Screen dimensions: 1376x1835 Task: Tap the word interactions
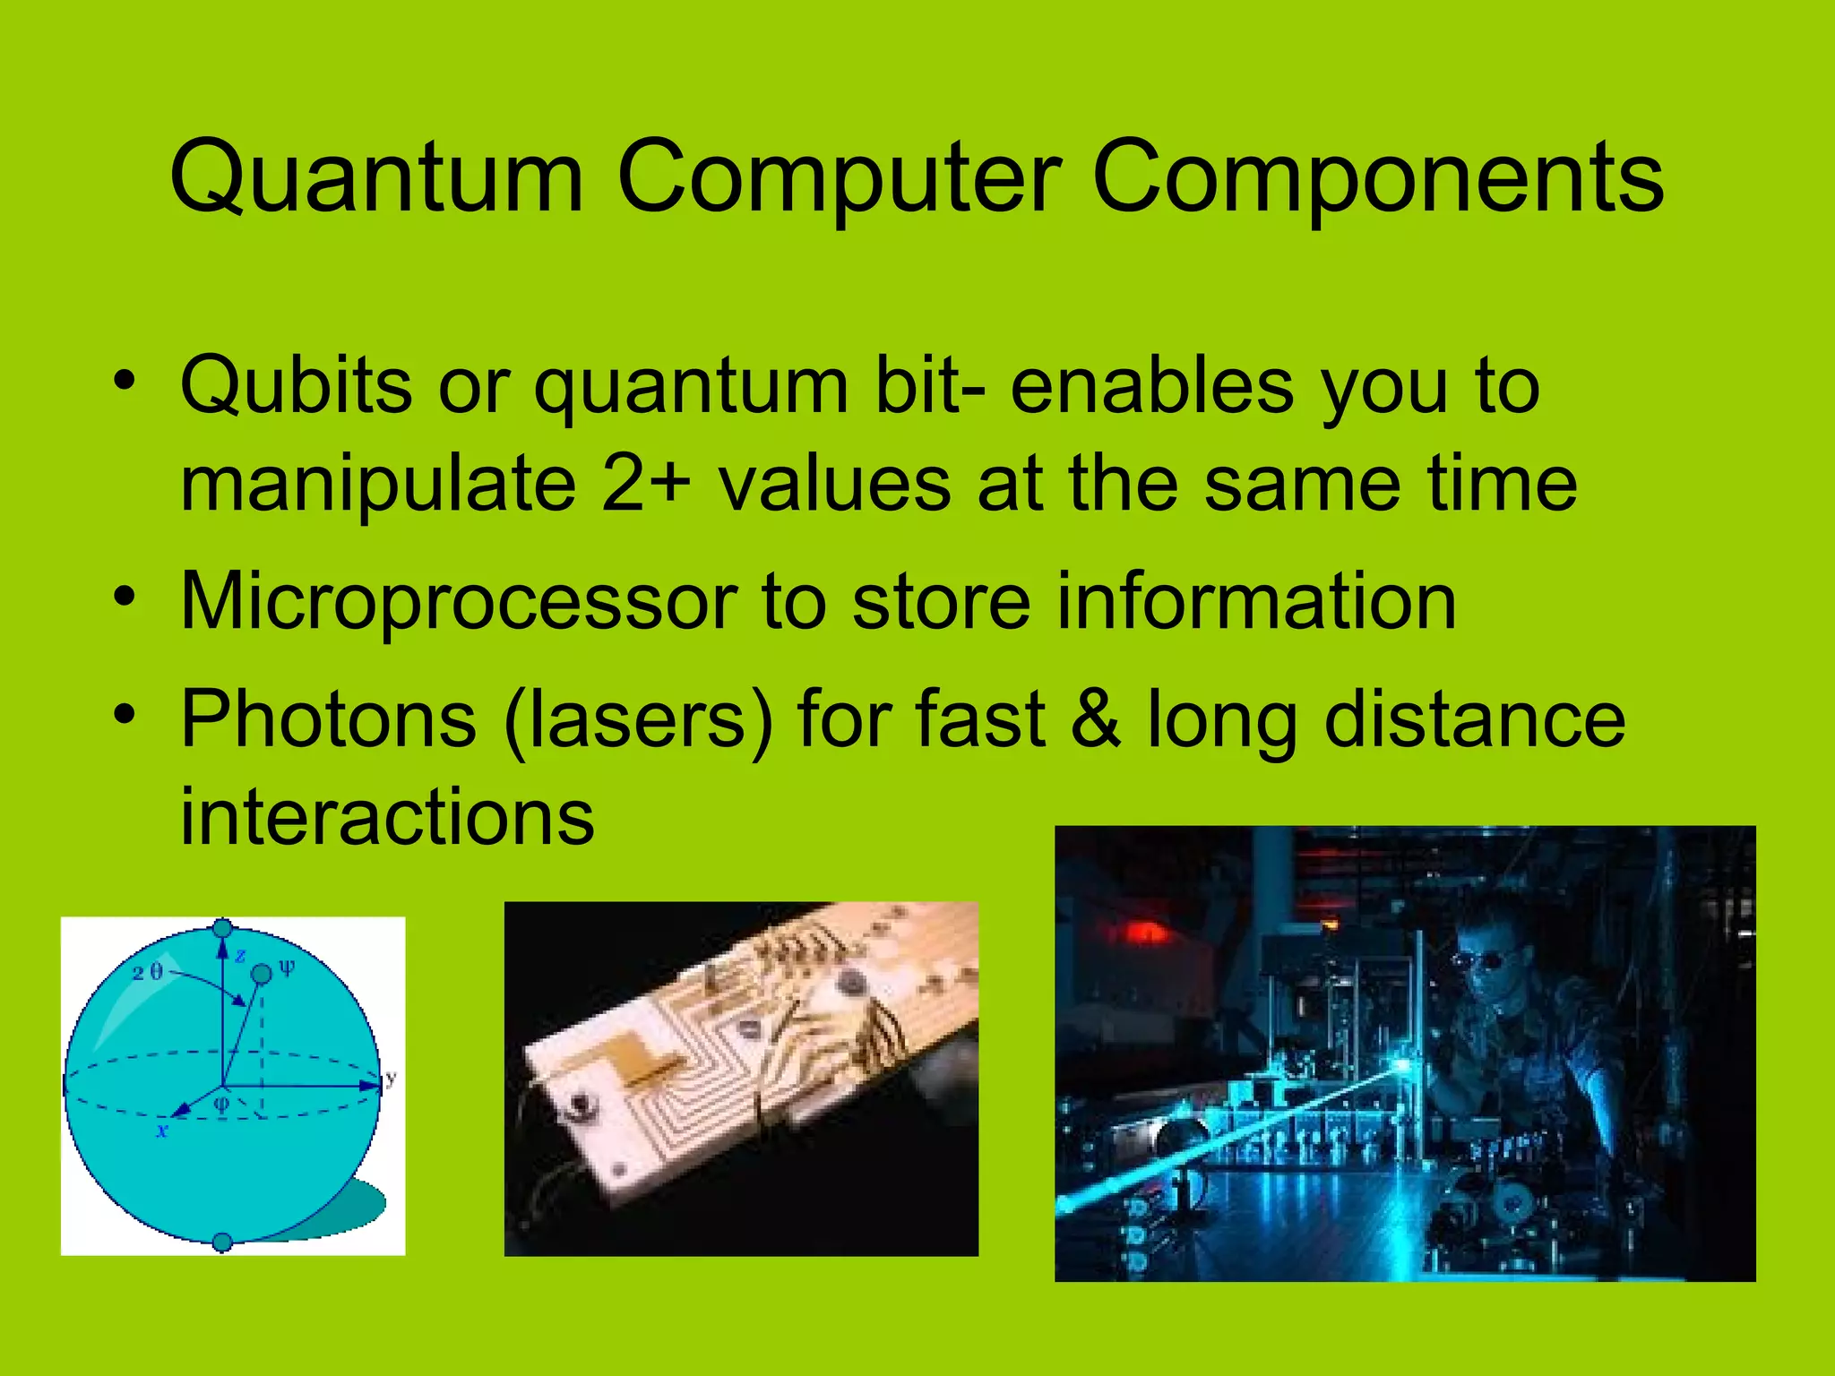click(x=387, y=817)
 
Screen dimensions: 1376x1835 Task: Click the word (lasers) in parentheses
click(x=638, y=720)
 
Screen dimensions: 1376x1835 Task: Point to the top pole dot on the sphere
click(x=223, y=928)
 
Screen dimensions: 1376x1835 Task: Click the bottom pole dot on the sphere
click(x=223, y=1242)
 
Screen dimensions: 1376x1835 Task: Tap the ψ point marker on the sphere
click(x=262, y=974)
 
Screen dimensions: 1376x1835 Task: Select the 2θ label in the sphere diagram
click(x=148, y=973)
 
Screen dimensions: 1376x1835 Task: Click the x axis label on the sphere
click(x=162, y=1131)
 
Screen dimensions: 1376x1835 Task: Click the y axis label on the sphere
click(x=391, y=1078)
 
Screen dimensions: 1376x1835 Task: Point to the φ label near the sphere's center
click(x=222, y=1105)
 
